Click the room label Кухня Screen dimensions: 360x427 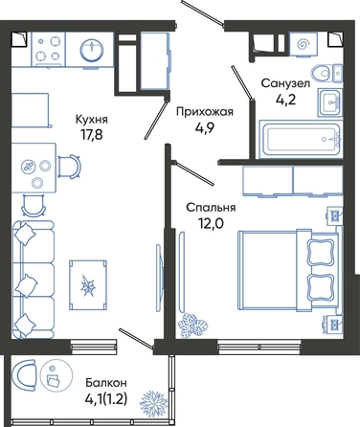coord(92,120)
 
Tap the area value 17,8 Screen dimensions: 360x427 coord(92,134)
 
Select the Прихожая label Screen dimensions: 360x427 coord(205,112)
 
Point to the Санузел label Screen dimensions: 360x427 coord(285,83)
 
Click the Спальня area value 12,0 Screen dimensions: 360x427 coord(211,223)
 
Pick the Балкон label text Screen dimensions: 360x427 coord(106,382)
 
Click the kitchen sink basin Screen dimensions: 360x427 coord(92,51)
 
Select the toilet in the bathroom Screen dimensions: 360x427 coord(327,73)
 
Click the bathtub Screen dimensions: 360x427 coord(301,139)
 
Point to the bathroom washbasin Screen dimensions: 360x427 coord(330,102)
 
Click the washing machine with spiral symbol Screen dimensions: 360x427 coord(302,45)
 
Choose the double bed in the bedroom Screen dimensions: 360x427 coord(288,270)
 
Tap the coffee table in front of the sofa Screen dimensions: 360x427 coord(88,285)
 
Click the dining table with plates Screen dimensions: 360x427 coord(34,168)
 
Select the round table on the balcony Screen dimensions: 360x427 coord(56,376)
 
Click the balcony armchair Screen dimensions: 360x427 coord(23,376)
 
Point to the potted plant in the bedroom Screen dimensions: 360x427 coord(192,326)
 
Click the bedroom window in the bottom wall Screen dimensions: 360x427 coord(259,347)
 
